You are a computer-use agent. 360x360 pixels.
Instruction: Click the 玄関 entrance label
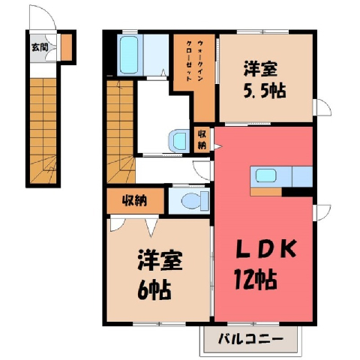click(40, 47)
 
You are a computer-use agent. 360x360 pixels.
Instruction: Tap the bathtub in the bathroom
click(128, 55)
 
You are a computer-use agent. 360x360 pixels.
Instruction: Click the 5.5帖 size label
click(265, 91)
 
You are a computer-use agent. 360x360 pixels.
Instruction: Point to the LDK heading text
click(266, 249)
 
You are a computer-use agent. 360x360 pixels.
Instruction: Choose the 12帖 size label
click(255, 280)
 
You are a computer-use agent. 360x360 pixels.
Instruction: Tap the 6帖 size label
click(154, 290)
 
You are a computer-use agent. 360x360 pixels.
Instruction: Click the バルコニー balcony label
click(250, 339)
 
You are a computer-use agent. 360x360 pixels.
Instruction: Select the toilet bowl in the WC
click(192, 200)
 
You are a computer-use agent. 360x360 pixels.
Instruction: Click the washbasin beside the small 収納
click(179, 140)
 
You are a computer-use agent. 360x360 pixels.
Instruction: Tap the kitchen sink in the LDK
click(266, 175)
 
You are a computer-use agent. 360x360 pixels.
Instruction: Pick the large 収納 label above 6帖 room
click(134, 200)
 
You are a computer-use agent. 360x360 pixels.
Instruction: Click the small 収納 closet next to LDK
click(202, 140)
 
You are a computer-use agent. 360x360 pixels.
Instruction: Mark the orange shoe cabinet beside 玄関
click(67, 47)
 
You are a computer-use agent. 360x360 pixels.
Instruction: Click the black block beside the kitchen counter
click(298, 192)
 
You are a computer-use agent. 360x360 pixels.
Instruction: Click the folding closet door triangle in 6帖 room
click(151, 226)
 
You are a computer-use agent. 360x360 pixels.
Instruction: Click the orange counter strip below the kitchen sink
click(266, 192)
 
